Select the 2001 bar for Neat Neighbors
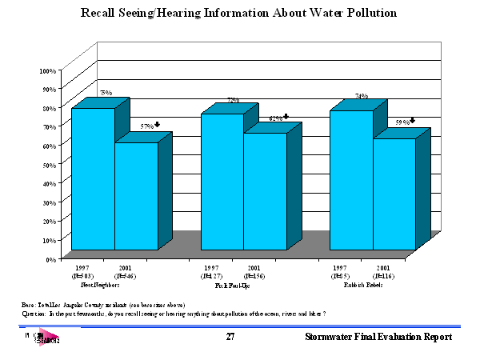[136, 196]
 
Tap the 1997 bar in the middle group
[222, 182]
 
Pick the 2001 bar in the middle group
[265, 191]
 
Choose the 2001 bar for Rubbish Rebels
[394, 194]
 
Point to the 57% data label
[146, 126]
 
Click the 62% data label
[275, 118]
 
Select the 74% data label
[362, 96]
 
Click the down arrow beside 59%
[413, 122]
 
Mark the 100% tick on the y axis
[47, 71]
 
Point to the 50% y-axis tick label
[49, 165]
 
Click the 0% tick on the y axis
[50, 259]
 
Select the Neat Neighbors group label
[101, 284]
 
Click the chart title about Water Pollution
[239, 14]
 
